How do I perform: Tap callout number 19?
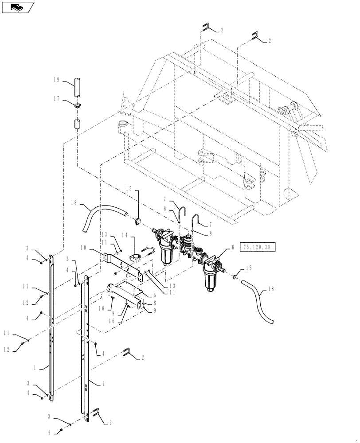[x=56, y=81]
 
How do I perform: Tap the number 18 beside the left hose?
[x=74, y=203]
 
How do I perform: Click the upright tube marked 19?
[x=78, y=87]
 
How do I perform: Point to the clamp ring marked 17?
[x=78, y=105]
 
